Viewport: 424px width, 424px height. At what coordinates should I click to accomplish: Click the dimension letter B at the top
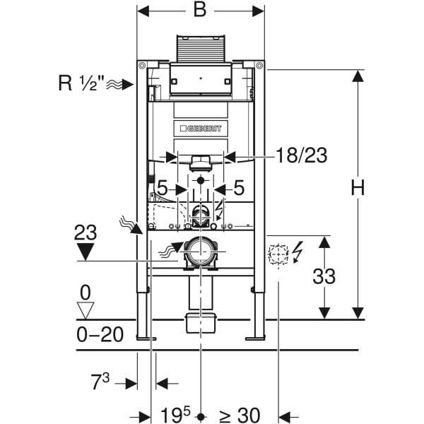(201, 11)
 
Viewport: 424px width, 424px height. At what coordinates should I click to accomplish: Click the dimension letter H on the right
(358, 188)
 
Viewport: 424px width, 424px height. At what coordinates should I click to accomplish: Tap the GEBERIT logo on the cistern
(201, 128)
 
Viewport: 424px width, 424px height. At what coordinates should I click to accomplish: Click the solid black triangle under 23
(86, 251)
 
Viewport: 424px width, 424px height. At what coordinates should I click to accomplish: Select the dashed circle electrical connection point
(277, 254)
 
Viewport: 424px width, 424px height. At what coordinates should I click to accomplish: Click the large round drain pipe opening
(201, 252)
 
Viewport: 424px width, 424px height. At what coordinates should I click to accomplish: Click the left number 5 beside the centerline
(162, 189)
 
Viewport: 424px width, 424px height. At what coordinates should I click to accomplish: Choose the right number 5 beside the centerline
(239, 189)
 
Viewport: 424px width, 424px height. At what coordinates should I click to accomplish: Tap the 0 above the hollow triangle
(86, 291)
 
